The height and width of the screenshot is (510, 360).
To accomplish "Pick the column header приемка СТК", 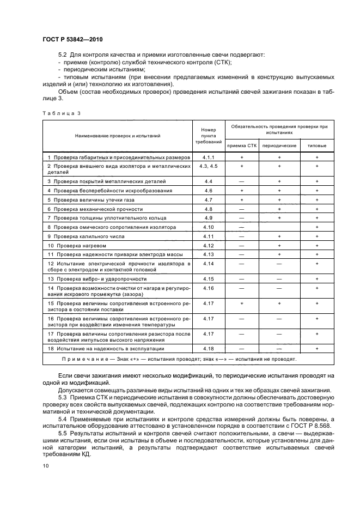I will pos(241,146).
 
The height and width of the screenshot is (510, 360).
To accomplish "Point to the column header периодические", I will pos(279,146).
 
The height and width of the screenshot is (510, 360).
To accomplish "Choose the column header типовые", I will pos(317,146).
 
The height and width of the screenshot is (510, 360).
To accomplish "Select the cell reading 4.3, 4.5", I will pos(208,166).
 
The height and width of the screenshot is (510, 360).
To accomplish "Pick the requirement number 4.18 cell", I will pos(208,348).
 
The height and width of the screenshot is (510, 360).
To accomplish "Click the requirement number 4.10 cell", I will pos(208,227).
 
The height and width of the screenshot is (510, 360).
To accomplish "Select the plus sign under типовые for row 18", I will pos(317,348).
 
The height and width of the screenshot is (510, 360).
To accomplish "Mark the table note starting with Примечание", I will pos(187,359).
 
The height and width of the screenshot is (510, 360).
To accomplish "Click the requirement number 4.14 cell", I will pos(208,264).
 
